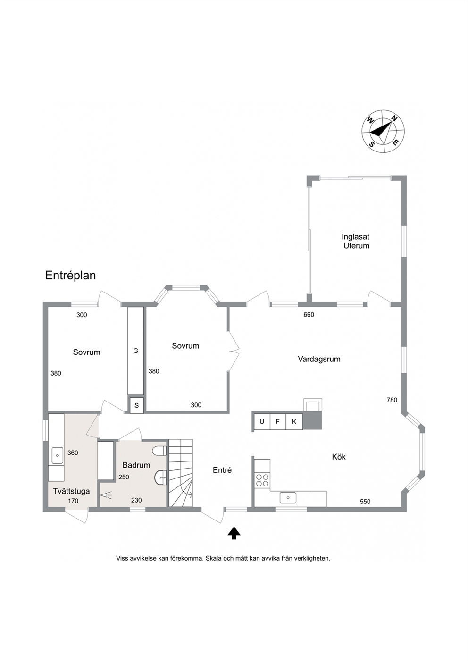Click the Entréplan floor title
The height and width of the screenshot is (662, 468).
(x=70, y=276)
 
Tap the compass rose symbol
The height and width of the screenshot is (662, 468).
(x=383, y=131)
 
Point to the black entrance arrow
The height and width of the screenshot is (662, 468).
(x=234, y=533)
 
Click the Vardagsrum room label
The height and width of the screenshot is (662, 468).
(x=319, y=359)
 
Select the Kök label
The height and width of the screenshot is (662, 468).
(x=339, y=457)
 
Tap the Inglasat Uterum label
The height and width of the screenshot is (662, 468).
(x=356, y=241)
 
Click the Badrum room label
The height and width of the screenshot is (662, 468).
(x=136, y=465)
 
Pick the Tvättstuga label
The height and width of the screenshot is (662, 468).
(x=71, y=492)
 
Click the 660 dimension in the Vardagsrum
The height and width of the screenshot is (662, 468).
(x=309, y=315)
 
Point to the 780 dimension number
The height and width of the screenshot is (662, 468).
(x=392, y=400)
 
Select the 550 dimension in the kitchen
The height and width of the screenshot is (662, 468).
(x=365, y=502)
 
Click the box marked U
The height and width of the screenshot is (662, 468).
(x=262, y=422)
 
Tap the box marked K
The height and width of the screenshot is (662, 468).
(x=294, y=422)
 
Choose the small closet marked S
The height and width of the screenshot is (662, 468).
(x=136, y=405)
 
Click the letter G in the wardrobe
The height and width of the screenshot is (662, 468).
(x=135, y=351)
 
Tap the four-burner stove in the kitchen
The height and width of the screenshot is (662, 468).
(x=262, y=480)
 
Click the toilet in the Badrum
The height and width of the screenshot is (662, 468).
(x=159, y=451)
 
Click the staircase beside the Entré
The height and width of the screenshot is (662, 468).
(x=181, y=473)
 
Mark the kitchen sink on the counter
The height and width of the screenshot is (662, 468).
(x=288, y=498)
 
